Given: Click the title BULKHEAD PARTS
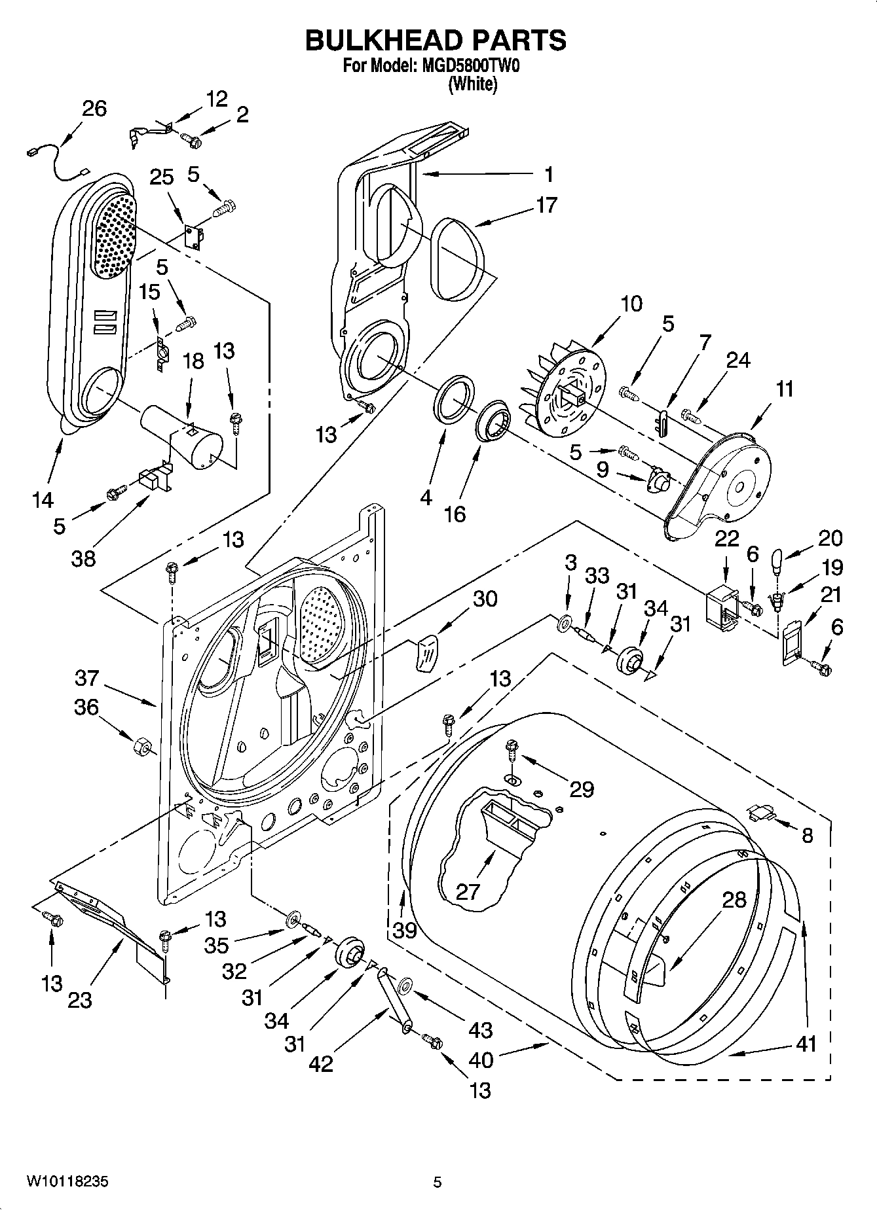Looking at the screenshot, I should pyautogui.click(x=436, y=40).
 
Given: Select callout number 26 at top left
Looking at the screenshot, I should pyautogui.click(x=94, y=108).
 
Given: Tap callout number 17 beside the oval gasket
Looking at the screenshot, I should pyautogui.click(x=546, y=205).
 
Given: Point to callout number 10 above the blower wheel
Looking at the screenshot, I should pyautogui.click(x=631, y=304).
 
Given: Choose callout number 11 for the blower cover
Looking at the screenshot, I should pyautogui.click(x=784, y=389).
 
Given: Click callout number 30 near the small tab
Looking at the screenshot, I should pyautogui.click(x=485, y=599).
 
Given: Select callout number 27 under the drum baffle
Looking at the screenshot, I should pyautogui.click(x=467, y=891).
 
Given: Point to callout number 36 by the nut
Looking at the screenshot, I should pyautogui.click(x=86, y=707).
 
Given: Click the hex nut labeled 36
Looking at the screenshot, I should pyautogui.click(x=142, y=746).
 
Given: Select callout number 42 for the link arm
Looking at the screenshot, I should pyautogui.click(x=321, y=1063).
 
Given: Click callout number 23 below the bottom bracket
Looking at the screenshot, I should pyautogui.click(x=80, y=1000).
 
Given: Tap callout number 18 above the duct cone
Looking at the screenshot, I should pyautogui.click(x=193, y=361).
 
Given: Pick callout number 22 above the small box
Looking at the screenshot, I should pyautogui.click(x=726, y=539).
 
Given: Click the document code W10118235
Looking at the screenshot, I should pyautogui.click(x=67, y=1182).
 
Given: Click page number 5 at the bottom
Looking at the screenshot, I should pyautogui.click(x=438, y=1182).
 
